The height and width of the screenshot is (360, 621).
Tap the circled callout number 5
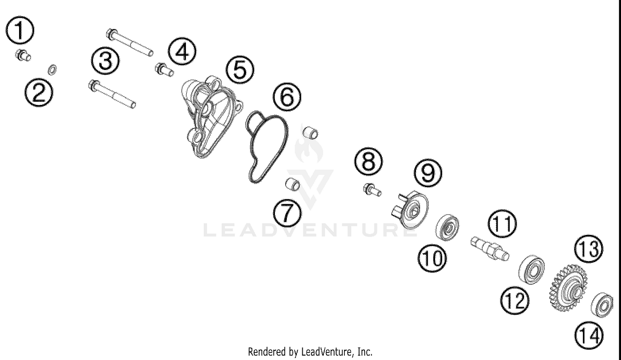pos(241,69)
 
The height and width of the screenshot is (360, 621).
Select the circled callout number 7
pos(287,213)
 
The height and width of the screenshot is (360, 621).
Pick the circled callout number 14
pos(589,334)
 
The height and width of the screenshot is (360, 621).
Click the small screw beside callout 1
pos(23,55)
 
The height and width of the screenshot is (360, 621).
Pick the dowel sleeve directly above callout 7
pos(293,184)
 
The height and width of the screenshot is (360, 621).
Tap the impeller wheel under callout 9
pos(411,210)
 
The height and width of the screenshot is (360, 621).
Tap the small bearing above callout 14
pos(602,306)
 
